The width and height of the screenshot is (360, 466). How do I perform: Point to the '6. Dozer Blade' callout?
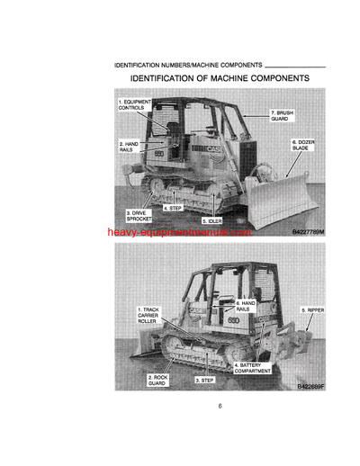pyautogui.click(x=301, y=145)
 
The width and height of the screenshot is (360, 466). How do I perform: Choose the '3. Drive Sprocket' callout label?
pyautogui.click(x=139, y=216)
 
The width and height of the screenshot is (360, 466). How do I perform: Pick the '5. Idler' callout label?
pyautogui.click(x=211, y=220)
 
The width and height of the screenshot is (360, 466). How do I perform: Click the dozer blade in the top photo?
pyautogui.click(x=279, y=194)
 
